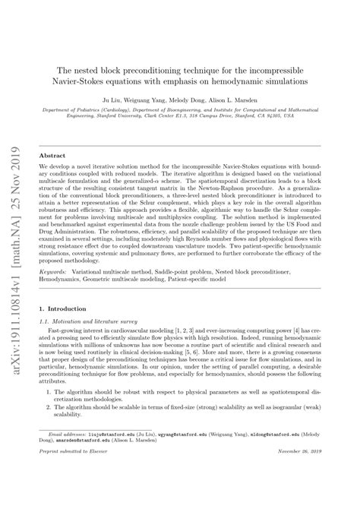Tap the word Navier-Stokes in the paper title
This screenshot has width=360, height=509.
93,80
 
